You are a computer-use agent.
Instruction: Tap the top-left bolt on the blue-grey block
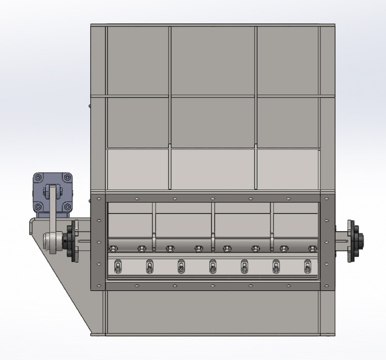coord(38,178)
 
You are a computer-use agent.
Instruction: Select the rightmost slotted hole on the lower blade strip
coord(307,266)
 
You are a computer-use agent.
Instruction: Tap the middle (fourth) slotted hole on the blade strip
coord(212,266)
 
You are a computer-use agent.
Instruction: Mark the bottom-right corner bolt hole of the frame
coord(324,285)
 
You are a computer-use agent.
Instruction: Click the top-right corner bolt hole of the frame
coord(324,198)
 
